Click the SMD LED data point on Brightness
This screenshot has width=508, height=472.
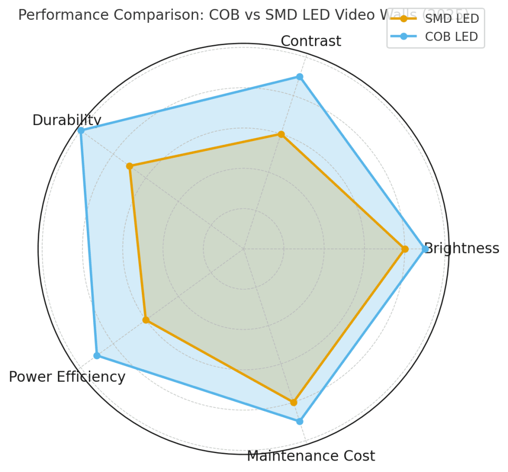point(405,249)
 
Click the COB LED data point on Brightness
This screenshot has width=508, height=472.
point(425,249)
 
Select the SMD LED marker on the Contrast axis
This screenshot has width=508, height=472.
point(281,134)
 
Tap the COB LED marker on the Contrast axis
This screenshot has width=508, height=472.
point(300,76)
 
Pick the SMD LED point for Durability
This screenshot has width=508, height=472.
point(129,166)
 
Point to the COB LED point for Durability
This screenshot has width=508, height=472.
point(81,131)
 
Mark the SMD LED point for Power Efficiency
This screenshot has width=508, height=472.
point(146,320)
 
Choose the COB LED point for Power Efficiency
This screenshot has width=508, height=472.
point(97,355)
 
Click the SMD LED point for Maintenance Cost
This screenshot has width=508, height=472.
point(294,402)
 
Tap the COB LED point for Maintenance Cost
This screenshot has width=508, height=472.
point(300,421)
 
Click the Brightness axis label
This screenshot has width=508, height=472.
point(462,248)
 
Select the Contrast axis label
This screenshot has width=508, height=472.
point(311,41)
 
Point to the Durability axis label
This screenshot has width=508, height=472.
point(66,120)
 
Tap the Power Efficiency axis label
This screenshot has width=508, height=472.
point(67,377)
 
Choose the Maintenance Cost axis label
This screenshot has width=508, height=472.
point(311,456)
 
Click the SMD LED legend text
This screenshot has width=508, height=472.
point(452,19)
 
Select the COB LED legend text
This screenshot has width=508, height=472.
point(452,36)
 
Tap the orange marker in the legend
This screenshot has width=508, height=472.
point(404,19)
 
